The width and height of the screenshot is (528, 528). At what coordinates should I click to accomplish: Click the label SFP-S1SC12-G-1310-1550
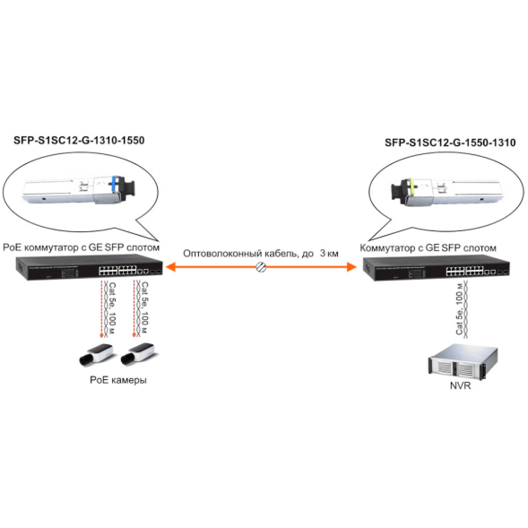(x=79, y=140)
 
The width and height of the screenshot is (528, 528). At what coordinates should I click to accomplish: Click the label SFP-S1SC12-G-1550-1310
(x=449, y=142)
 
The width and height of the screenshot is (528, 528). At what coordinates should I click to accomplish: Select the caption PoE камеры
(x=117, y=380)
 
